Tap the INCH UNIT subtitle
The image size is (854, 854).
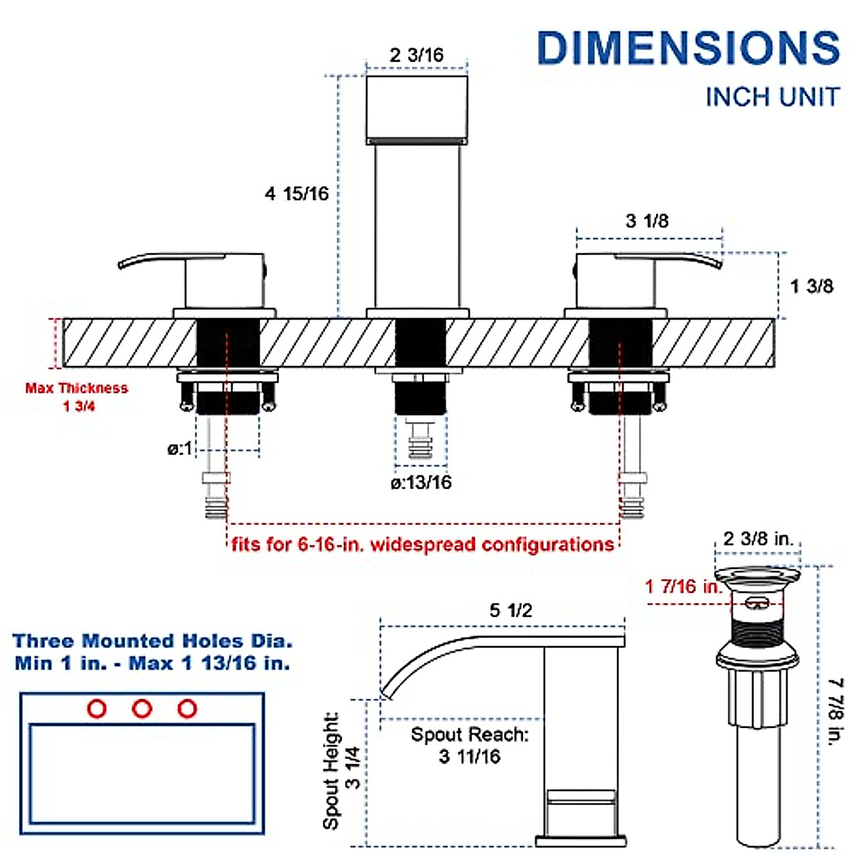point(773,97)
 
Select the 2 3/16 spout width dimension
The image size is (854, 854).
point(416,56)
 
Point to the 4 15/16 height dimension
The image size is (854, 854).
point(297,194)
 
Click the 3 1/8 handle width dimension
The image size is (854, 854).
point(647,221)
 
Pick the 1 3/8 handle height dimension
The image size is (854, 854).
point(812,286)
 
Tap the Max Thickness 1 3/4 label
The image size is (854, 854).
point(77,397)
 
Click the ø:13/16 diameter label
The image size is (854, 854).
point(421,483)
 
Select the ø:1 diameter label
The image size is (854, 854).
point(179,448)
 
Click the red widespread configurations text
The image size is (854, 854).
point(423,544)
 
